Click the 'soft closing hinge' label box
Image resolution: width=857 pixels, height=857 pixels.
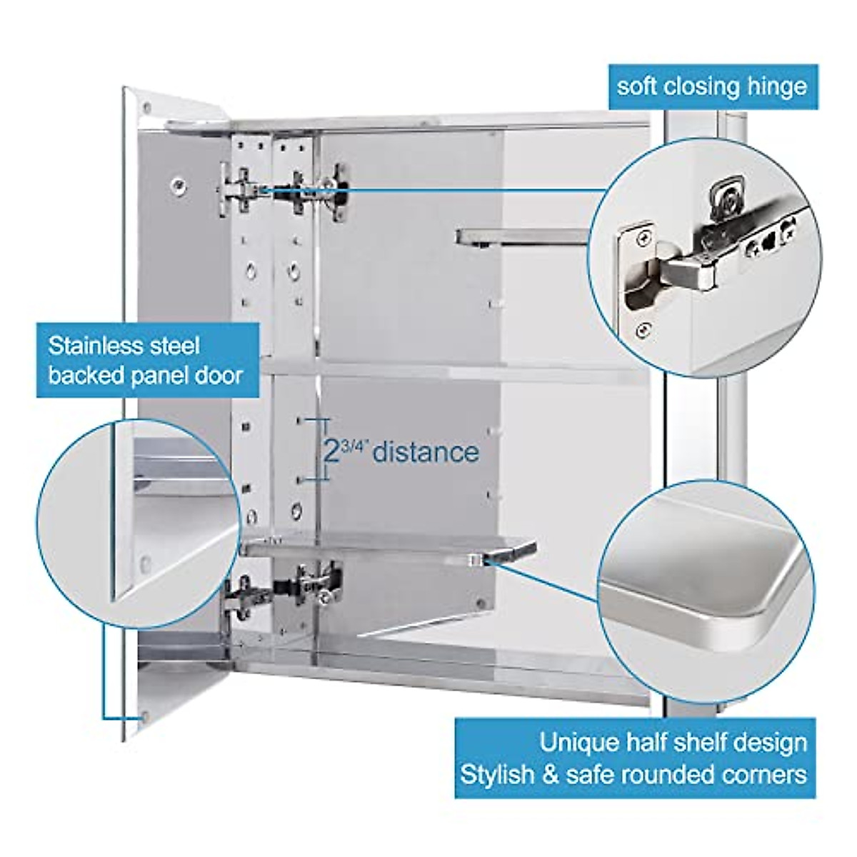pyautogui.click(x=712, y=87)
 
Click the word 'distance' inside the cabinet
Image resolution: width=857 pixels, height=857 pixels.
pyautogui.click(x=426, y=453)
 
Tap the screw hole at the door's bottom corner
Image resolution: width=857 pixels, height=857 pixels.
pyautogui.click(x=144, y=715)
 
